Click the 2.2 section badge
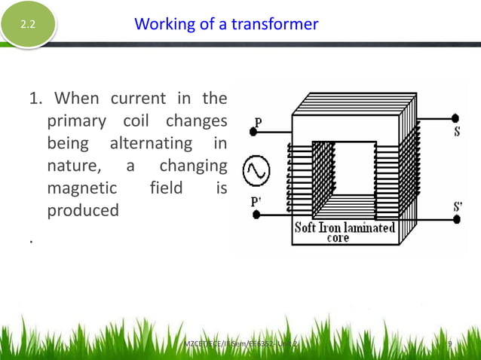tap(28, 25)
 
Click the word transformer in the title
tap(274, 24)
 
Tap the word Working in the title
tap(162, 24)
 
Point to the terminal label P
tap(259, 122)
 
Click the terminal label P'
tap(258, 202)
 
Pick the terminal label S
tap(457, 133)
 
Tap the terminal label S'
tap(458, 206)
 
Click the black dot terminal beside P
tap(253, 133)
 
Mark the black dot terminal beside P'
tap(256, 215)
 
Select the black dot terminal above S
tap(455, 118)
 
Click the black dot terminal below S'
tap(455, 219)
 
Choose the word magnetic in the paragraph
tap(82, 188)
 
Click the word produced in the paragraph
tap(83, 210)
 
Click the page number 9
tap(449, 344)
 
